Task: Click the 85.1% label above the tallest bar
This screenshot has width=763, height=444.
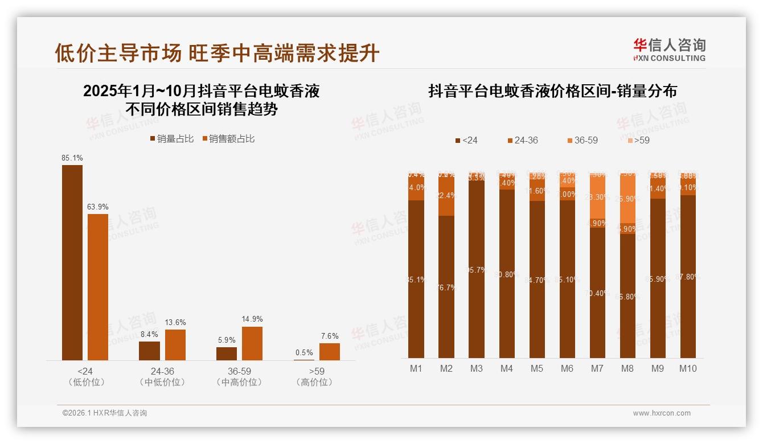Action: tap(72, 158)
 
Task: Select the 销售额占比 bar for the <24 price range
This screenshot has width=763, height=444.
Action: tap(98, 287)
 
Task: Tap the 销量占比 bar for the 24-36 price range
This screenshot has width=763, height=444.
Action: tap(149, 351)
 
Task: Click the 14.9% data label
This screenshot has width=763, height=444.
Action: tap(252, 319)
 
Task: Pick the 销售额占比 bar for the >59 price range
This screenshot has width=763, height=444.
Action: tap(329, 352)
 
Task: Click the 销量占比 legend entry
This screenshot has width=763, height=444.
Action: tap(171, 139)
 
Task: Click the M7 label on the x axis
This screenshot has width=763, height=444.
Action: tap(597, 368)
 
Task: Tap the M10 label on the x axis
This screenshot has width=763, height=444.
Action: tap(688, 368)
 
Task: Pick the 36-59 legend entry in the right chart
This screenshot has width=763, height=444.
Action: tap(582, 140)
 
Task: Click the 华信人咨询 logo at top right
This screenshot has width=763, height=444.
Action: tap(669, 50)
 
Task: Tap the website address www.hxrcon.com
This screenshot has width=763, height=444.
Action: tap(661, 413)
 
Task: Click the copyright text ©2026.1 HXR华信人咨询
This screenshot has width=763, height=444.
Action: tap(104, 413)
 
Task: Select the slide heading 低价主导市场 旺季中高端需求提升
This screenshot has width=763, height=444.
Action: tap(217, 53)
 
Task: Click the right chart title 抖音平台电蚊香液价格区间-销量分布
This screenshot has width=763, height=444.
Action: tap(552, 91)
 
